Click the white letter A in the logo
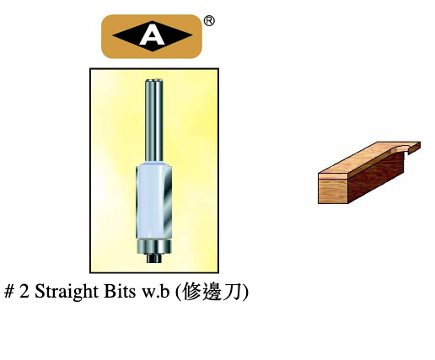click(152, 37)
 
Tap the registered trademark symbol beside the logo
click(209, 21)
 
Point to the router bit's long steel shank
click(154, 121)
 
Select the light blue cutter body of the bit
click(150, 201)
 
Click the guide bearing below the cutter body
click(154, 246)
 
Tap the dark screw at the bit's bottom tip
click(154, 258)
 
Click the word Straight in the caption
click(67, 292)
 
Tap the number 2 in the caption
click(24, 292)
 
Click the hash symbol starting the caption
click(9, 292)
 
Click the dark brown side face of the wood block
click(376, 177)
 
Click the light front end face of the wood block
click(333, 191)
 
